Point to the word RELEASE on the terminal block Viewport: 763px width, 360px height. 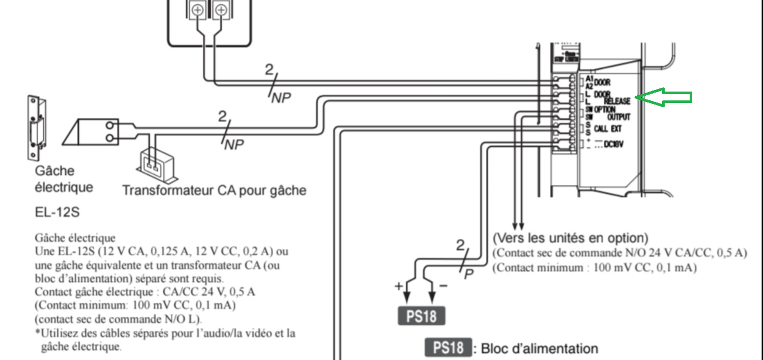[x=617, y=100]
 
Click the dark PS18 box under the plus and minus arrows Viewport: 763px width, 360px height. [x=421, y=316]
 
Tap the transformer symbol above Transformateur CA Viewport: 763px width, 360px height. [x=154, y=163]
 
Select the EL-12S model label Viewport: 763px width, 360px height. [x=57, y=212]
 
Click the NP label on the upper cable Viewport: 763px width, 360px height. [x=281, y=98]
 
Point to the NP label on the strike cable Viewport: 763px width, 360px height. [x=234, y=145]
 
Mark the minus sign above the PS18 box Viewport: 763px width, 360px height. [x=443, y=286]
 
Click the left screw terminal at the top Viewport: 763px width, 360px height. [x=197, y=9]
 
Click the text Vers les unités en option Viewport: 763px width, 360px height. [x=570, y=238]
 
